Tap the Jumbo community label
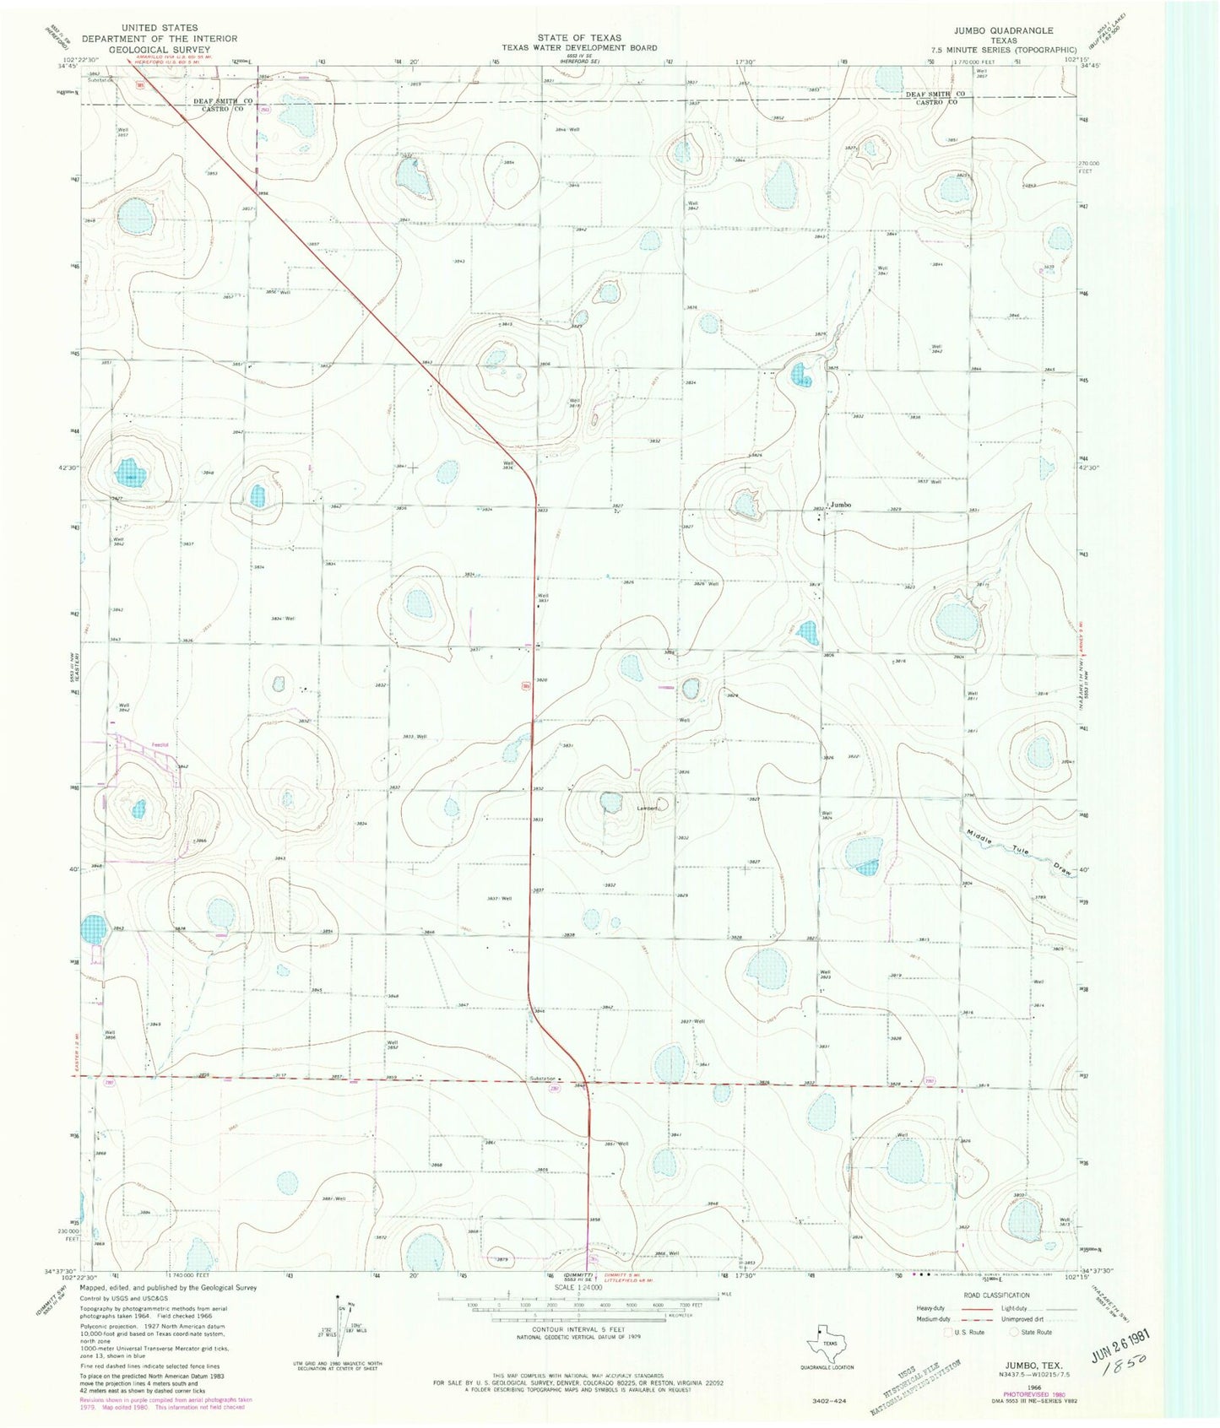pyautogui.click(x=841, y=505)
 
